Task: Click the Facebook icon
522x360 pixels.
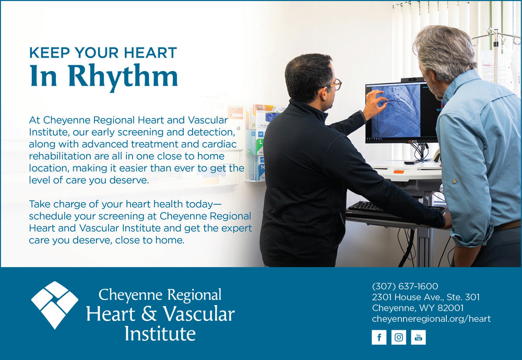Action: click(379, 338)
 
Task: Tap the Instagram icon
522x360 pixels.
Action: click(398, 338)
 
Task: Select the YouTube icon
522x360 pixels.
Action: click(418, 338)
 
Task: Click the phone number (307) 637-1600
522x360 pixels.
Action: click(405, 286)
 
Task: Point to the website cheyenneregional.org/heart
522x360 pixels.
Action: click(431, 319)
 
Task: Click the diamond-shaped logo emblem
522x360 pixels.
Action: click(55, 305)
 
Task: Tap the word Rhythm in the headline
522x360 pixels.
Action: click(123, 76)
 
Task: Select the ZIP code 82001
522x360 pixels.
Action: click(450, 308)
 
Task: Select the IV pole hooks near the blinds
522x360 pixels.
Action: click(496, 36)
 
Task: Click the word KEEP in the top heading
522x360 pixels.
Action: click(50, 53)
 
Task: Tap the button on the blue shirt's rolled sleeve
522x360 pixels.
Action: click(454, 181)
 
